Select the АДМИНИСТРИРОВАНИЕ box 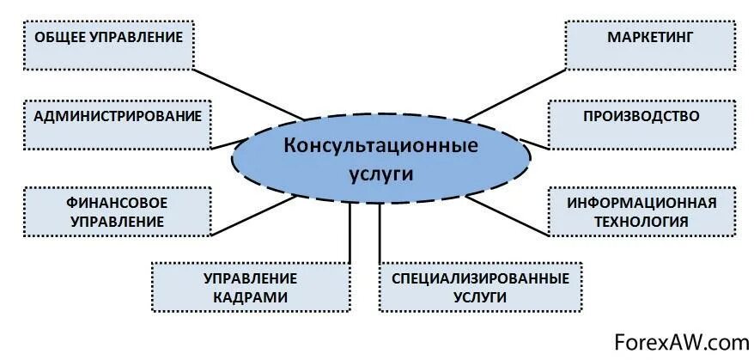point(118,123)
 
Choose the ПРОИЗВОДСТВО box point(641,124)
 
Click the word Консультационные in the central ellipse point(380,145)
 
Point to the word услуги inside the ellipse point(381,173)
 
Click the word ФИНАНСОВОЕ point(116,202)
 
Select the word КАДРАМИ point(251,296)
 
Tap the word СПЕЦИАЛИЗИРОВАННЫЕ point(479,278)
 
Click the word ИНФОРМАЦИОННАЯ point(641,202)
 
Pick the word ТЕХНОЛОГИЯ point(641,221)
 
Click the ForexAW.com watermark point(682,342)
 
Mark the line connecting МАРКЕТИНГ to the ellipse point(515,93)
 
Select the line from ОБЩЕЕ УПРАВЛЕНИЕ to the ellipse point(249,94)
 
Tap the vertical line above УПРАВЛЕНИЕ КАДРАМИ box point(350,232)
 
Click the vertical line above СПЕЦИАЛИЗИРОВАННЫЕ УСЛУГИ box point(379,232)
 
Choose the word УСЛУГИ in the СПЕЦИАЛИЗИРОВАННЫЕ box point(479,297)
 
